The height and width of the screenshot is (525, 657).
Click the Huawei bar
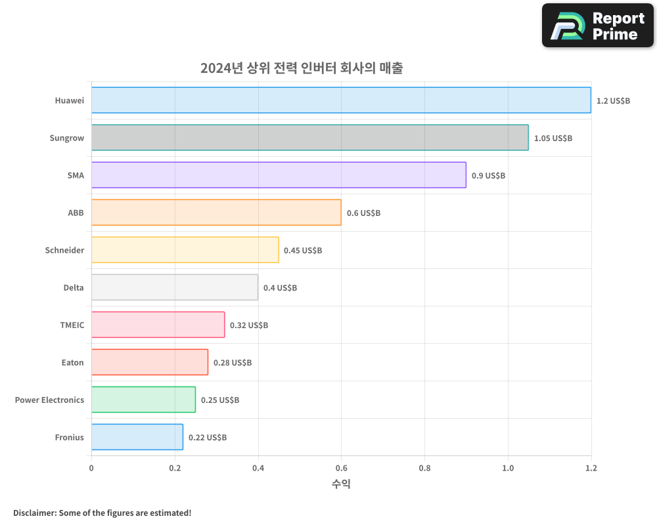[341, 100]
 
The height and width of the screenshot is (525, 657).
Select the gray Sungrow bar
[309, 137]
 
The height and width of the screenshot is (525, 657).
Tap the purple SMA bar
[279, 175]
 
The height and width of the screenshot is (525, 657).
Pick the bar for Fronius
[137, 437]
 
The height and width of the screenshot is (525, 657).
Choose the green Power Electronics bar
[143, 400]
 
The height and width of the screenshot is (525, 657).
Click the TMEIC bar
[158, 325]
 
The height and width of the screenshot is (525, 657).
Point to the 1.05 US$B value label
[553, 138]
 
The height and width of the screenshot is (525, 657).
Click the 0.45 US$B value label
[303, 251]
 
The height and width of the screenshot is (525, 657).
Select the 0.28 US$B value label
[233, 363]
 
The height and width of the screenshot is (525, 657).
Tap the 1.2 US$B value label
[613, 101]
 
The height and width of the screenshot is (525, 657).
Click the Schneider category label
[64, 250]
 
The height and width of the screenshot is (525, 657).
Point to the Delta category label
[74, 287]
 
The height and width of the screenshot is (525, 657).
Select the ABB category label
[76, 213]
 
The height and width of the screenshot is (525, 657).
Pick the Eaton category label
[72, 362]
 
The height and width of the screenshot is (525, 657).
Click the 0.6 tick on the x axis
[341, 468]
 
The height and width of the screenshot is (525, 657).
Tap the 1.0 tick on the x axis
[508, 468]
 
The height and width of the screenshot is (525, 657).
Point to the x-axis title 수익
[341, 484]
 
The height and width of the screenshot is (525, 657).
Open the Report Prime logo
[597, 26]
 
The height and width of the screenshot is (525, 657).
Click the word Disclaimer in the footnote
[34, 513]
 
